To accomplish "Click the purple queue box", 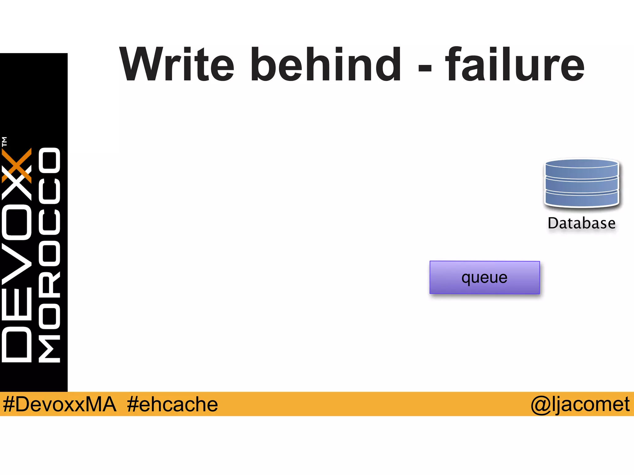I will coord(484,277).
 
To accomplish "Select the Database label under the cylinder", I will coord(582,223).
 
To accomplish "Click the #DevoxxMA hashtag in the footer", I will coord(59,404).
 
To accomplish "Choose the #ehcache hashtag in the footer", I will coord(172,404).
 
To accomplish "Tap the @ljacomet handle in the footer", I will coord(580,404).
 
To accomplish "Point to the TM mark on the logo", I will coord(4,141).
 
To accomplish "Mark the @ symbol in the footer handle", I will coord(540,404).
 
